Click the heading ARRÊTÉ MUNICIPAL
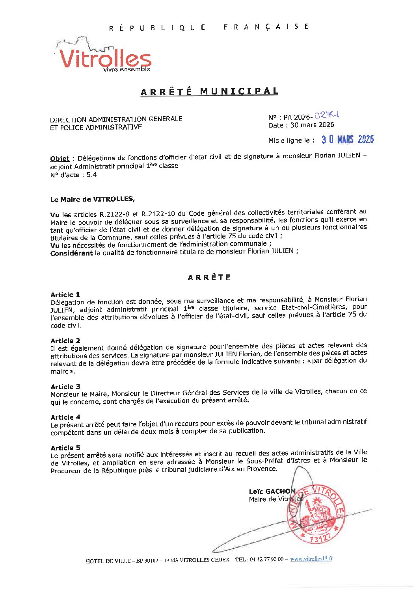[209, 92]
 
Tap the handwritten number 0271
[327, 115]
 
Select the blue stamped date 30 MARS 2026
[347, 139]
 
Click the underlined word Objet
[60, 159]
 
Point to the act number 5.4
[91, 175]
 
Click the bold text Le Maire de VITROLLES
[92, 200]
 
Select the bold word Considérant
[71, 253]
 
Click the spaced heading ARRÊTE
[209, 277]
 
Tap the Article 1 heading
[65, 294]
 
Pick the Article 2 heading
[65, 341]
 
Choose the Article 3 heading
[65, 387]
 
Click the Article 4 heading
[65, 417]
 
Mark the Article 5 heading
[65, 448]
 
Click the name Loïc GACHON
[272, 491]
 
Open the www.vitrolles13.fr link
[311, 559]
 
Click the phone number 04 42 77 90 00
[267, 560]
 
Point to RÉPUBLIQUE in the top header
[157, 28]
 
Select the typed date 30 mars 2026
[312, 125]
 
